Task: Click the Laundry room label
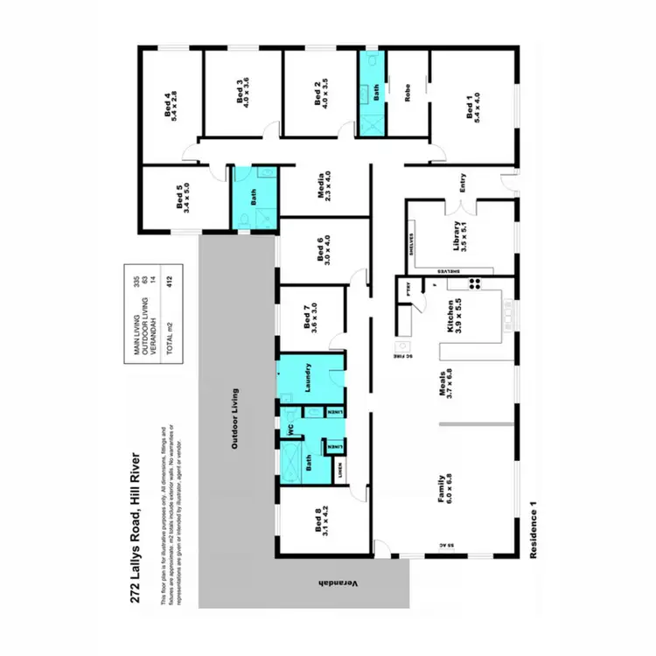[x=309, y=377]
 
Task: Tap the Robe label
[x=408, y=94]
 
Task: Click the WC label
[x=285, y=429]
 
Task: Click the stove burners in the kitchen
[x=478, y=283]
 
